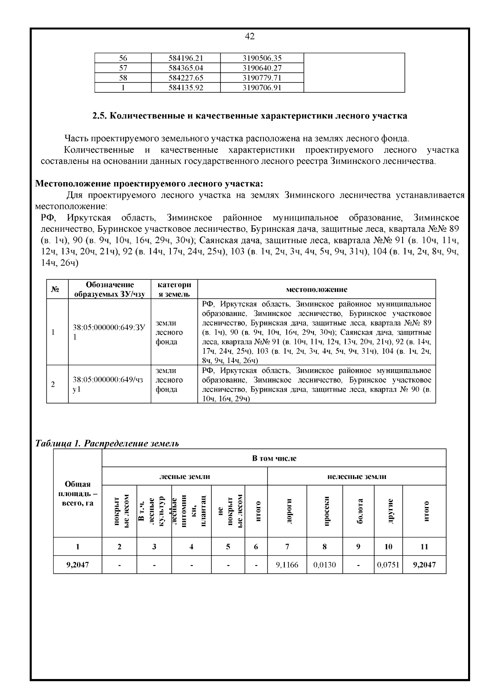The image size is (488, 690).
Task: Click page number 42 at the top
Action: tap(250, 37)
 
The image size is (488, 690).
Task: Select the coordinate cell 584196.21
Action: tap(185, 58)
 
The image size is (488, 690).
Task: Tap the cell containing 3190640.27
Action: tap(262, 68)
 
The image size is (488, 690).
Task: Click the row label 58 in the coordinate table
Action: tap(123, 78)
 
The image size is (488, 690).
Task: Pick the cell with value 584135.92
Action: tap(185, 87)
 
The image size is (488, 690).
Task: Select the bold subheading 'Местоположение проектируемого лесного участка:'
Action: tap(149, 183)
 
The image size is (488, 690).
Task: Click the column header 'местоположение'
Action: tap(316, 289)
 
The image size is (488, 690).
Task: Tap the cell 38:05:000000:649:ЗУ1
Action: tap(109, 332)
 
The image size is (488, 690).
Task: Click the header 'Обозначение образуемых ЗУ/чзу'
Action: tap(110, 289)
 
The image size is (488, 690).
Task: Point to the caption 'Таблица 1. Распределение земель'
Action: tap(107, 443)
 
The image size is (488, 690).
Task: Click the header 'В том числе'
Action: tap(274, 458)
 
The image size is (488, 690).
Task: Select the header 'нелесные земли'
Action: tap(357, 476)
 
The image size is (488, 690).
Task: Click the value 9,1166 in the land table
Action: tap(287, 564)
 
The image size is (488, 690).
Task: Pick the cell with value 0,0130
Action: tap(325, 564)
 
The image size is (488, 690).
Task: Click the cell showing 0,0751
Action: tap(388, 564)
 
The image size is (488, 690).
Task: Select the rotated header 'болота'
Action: tap(359, 511)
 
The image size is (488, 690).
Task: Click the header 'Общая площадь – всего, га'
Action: tap(78, 494)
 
